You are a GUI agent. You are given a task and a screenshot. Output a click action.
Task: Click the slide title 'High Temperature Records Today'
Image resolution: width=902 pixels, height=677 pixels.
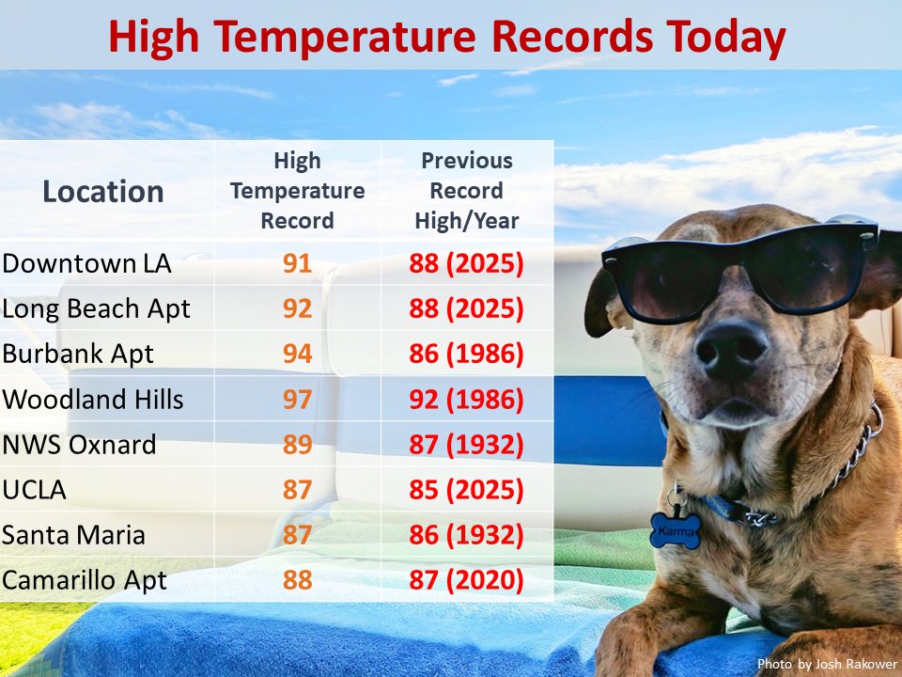tap(446, 37)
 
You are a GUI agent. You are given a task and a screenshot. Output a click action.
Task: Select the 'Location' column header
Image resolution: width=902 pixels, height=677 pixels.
tap(103, 192)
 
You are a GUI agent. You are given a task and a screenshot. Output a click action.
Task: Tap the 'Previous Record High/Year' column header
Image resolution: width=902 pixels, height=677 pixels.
tap(466, 191)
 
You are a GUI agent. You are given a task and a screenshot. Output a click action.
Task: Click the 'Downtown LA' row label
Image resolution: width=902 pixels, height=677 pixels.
tap(86, 263)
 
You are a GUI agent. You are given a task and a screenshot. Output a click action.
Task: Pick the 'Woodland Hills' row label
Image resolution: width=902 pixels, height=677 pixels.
tap(93, 400)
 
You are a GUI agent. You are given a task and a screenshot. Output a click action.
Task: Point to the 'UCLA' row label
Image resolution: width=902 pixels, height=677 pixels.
tap(35, 490)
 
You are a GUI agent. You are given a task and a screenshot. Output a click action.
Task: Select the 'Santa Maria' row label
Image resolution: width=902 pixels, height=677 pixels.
tap(74, 535)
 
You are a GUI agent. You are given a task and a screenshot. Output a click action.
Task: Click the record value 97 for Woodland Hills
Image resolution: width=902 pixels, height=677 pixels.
tap(297, 400)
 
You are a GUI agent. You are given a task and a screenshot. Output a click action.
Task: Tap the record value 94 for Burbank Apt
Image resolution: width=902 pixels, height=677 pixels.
tap(297, 354)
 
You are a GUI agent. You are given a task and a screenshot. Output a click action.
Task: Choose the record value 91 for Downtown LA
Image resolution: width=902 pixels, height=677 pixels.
tap(297, 263)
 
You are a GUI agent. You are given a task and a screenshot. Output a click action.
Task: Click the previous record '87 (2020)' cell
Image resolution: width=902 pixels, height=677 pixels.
tap(466, 580)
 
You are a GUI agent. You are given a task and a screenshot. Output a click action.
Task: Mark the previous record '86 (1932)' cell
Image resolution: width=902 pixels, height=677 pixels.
tap(466, 535)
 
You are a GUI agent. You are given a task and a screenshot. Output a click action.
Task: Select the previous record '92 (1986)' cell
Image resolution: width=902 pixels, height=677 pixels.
tap(466, 400)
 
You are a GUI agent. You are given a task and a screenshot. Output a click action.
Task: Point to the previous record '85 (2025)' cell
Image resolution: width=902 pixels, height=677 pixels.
tap(466, 490)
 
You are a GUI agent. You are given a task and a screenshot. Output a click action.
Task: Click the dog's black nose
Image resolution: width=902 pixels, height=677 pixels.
tap(732, 351)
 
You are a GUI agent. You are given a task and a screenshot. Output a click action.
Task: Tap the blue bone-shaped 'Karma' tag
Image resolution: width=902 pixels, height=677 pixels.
tap(676, 530)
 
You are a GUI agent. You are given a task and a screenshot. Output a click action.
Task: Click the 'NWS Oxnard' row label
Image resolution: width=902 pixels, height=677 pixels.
tap(79, 445)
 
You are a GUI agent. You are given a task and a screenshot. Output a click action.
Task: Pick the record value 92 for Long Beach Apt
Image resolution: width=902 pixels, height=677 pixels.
tap(297, 308)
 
